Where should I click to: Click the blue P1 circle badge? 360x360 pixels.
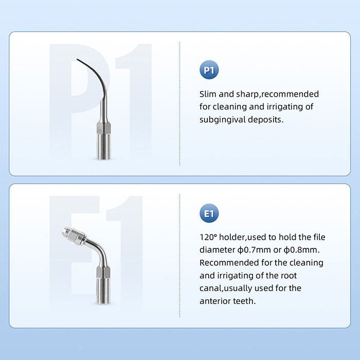pyautogui.click(x=209, y=70)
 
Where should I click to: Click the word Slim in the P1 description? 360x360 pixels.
pyautogui.click(x=208, y=94)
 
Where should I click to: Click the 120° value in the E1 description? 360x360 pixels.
pyautogui.click(x=208, y=237)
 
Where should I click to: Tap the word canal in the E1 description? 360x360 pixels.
pyautogui.click(x=210, y=288)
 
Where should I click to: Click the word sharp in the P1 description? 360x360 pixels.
pyautogui.click(x=248, y=94)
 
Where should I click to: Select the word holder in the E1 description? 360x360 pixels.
pyautogui.click(x=235, y=237)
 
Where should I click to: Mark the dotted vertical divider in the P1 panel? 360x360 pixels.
pyautogui.click(x=179, y=103)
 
